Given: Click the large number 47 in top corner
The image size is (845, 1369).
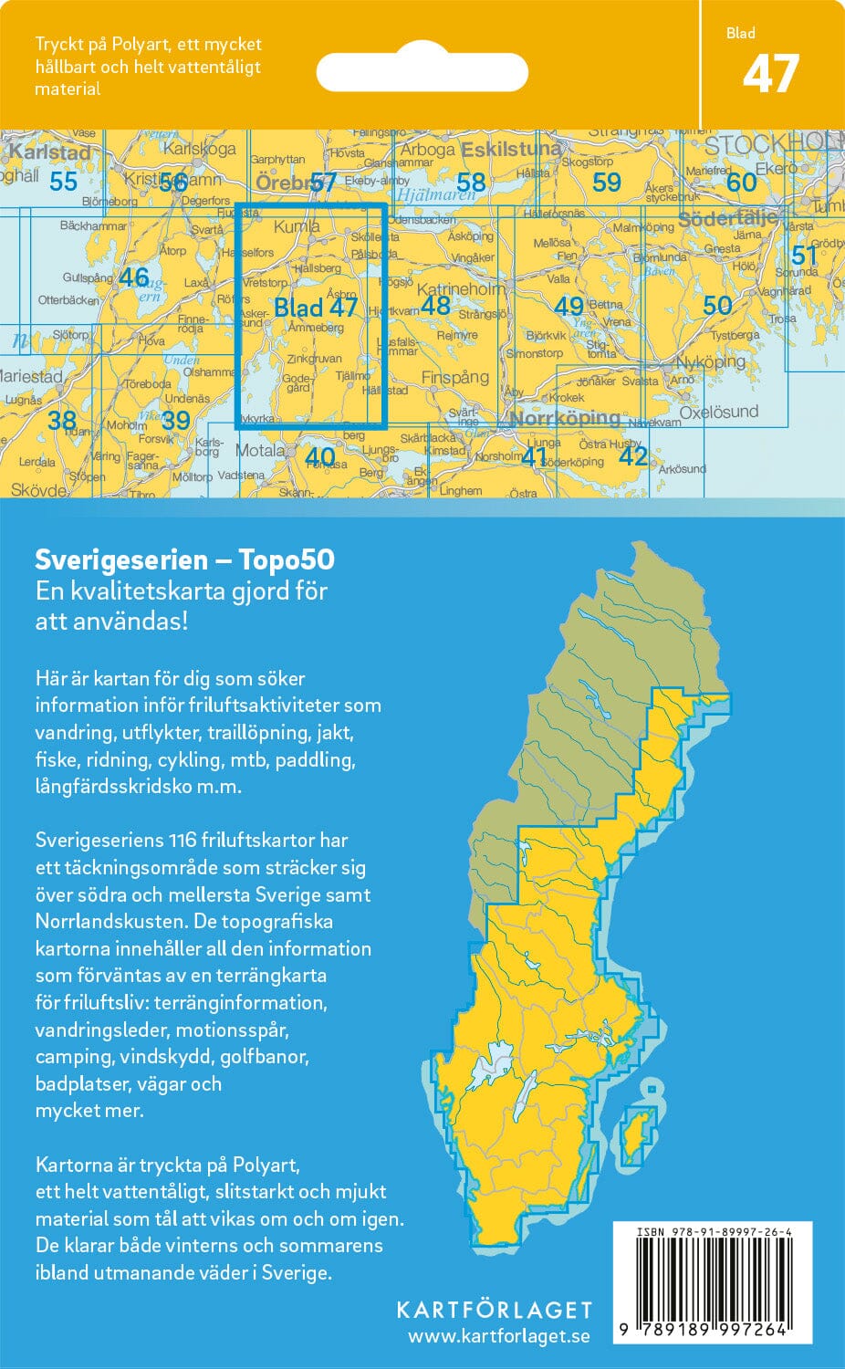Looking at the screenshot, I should pyautogui.click(x=771, y=75).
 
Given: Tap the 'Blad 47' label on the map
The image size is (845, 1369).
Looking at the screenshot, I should pyautogui.click(x=316, y=307).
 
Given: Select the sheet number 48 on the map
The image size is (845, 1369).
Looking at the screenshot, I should pyautogui.click(x=435, y=305).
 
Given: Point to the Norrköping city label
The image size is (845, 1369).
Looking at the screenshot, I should pyautogui.click(x=565, y=419).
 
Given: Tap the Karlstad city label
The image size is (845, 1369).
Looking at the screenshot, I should pyautogui.click(x=49, y=152).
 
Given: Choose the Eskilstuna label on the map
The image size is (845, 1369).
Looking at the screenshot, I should pyautogui.click(x=511, y=149).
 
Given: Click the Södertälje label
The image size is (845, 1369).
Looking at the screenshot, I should pyautogui.click(x=727, y=219).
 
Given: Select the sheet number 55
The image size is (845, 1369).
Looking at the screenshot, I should pyautogui.click(x=63, y=182).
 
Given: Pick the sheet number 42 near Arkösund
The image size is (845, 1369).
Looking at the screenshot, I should pyautogui.click(x=632, y=455).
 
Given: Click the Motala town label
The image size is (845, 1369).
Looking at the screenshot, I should pyautogui.click(x=260, y=450).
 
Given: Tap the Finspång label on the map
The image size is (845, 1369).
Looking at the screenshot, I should pyautogui.click(x=454, y=377).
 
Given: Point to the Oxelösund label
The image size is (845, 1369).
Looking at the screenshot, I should pyautogui.click(x=719, y=412).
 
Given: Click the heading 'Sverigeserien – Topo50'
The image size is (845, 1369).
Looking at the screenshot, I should pyautogui.click(x=184, y=559).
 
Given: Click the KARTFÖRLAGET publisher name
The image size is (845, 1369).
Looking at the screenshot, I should pyautogui.click(x=494, y=1311).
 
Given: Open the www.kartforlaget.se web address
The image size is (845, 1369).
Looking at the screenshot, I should pyautogui.click(x=498, y=1337).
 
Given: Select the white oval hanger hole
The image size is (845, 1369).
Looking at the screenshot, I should pyautogui.click(x=422, y=71).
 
